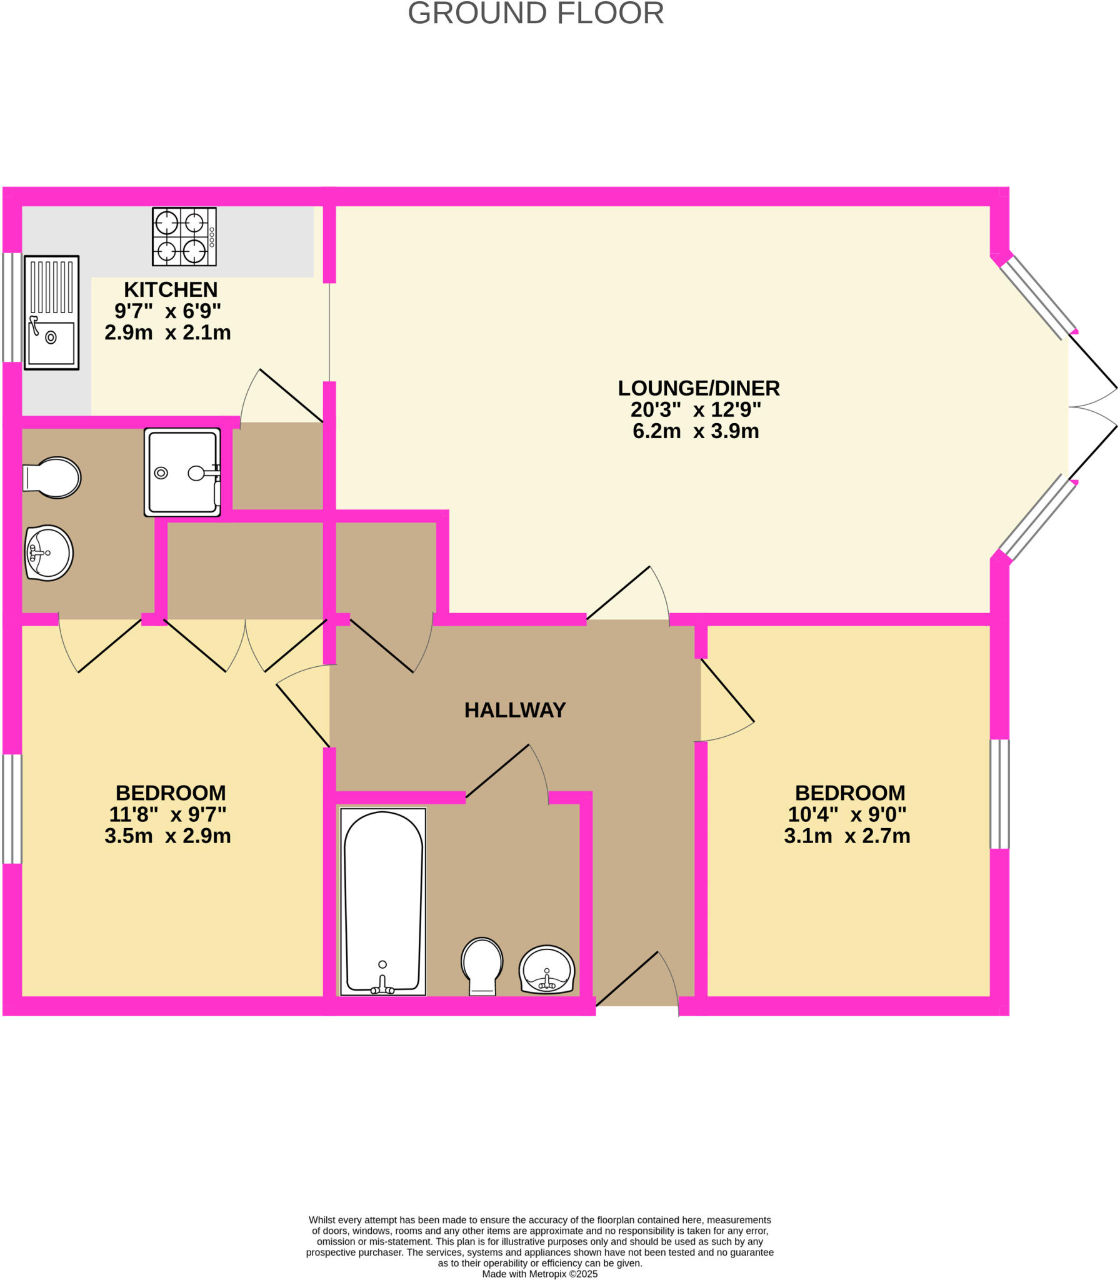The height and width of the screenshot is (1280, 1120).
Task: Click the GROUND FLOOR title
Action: coord(536,14)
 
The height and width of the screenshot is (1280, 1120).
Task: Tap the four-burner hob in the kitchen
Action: coord(184,236)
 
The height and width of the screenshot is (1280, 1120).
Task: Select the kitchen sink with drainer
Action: coord(51,312)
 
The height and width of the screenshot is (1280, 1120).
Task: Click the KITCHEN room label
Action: coord(171,289)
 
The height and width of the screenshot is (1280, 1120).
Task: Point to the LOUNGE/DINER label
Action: coord(698,388)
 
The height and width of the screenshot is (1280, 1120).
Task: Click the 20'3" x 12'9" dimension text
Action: coord(695,410)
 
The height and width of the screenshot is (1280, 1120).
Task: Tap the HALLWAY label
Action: coord(514,710)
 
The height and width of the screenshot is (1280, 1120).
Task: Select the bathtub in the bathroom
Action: coord(383,902)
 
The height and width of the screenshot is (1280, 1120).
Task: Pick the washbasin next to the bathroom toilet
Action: coord(546,969)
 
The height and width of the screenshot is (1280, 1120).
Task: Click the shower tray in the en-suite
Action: coord(182,472)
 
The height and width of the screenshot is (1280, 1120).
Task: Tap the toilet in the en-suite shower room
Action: coord(53,477)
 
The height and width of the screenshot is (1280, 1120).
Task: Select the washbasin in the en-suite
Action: coord(49,552)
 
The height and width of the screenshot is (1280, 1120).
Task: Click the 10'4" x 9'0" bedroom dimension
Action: coord(846,814)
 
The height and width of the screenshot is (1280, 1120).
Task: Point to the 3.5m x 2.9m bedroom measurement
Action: coord(167,836)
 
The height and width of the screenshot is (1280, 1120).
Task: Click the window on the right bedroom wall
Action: coord(999,794)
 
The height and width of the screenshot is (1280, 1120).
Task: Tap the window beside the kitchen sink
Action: coord(12,307)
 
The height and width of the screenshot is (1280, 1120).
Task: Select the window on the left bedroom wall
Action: coord(12,809)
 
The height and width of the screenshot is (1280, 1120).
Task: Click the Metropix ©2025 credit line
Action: coord(539,1274)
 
